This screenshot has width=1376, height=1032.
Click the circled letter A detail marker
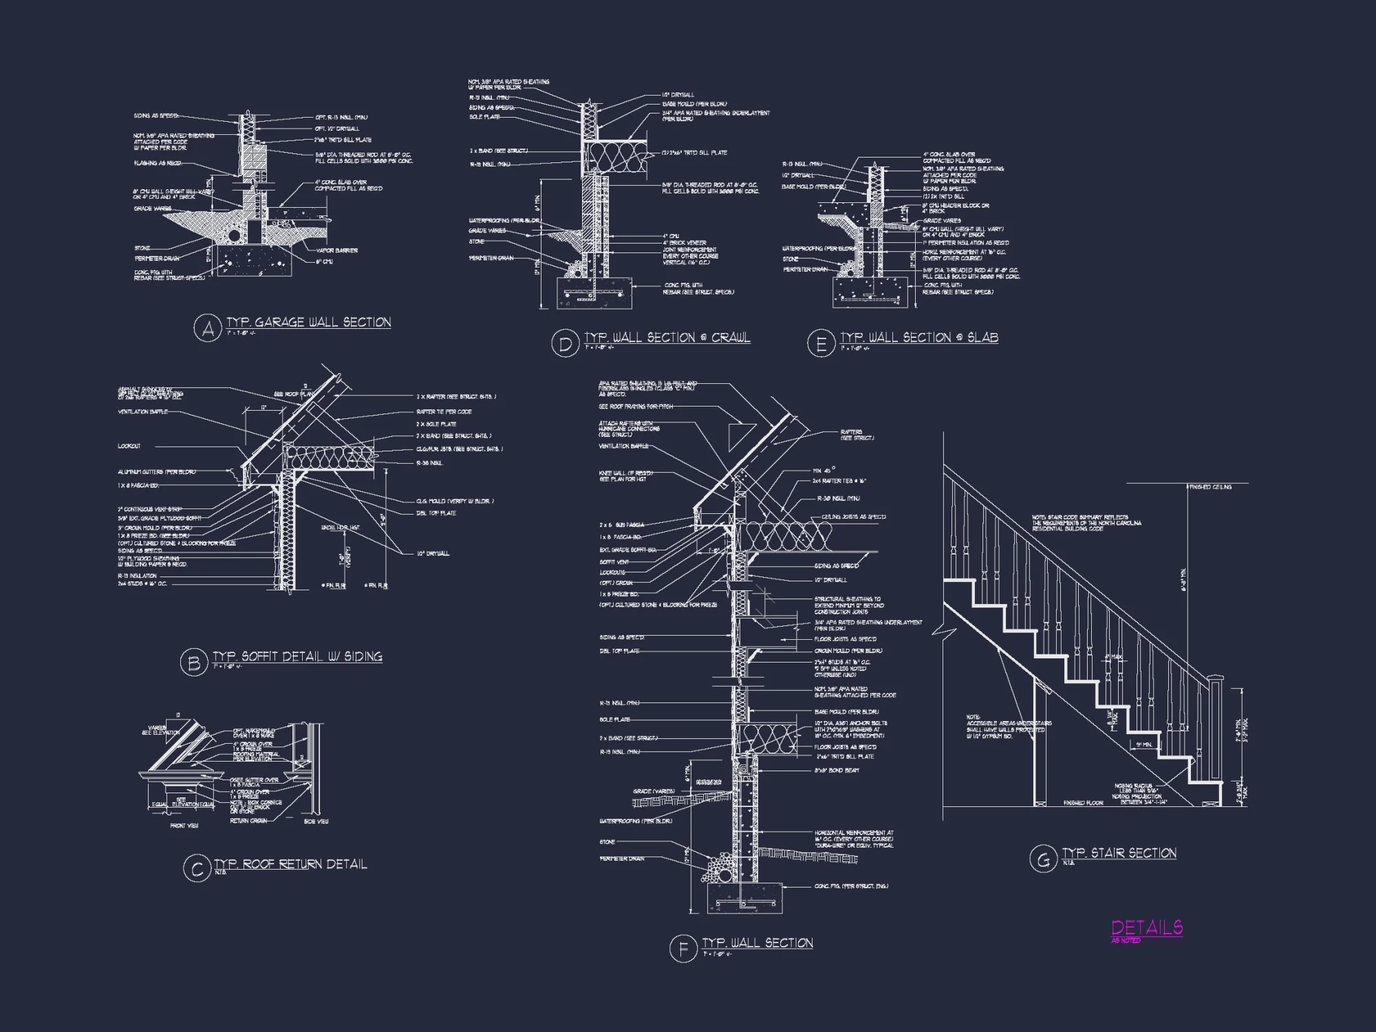pyautogui.click(x=207, y=328)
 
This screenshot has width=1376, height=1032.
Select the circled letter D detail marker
pyautogui.click(x=565, y=343)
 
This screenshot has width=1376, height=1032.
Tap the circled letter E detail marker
pyautogui.click(x=821, y=343)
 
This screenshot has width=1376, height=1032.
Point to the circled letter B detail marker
pyautogui.click(x=193, y=663)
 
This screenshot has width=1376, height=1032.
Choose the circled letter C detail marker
pyautogui.click(x=197, y=869)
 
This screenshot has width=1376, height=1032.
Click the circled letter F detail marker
pyautogui.click(x=682, y=949)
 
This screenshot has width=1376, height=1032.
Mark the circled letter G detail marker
pyautogui.click(x=1043, y=859)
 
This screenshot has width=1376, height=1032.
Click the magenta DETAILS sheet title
pyautogui.click(x=1147, y=927)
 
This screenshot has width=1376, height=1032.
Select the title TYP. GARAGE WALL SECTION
pyautogui.click(x=309, y=322)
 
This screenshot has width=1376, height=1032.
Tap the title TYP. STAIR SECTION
pyautogui.click(x=1119, y=853)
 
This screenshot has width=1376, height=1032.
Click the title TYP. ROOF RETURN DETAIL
pyautogui.click(x=290, y=864)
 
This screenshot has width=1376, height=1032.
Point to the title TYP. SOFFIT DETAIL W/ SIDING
pyautogui.click(x=297, y=656)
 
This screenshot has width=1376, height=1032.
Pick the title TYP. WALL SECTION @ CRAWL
pyautogui.click(x=667, y=337)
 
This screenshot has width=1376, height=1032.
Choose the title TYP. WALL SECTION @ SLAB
pyautogui.click(x=919, y=337)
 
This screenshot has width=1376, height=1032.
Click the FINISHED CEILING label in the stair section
pyautogui.click(x=1212, y=487)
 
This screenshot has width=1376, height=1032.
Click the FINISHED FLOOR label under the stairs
pyautogui.click(x=1083, y=803)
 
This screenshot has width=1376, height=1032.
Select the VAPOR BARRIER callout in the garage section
pyautogui.click(x=336, y=250)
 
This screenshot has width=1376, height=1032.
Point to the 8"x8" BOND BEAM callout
pyautogui.click(x=837, y=771)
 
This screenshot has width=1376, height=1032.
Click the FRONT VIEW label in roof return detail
pyautogui.click(x=184, y=826)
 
